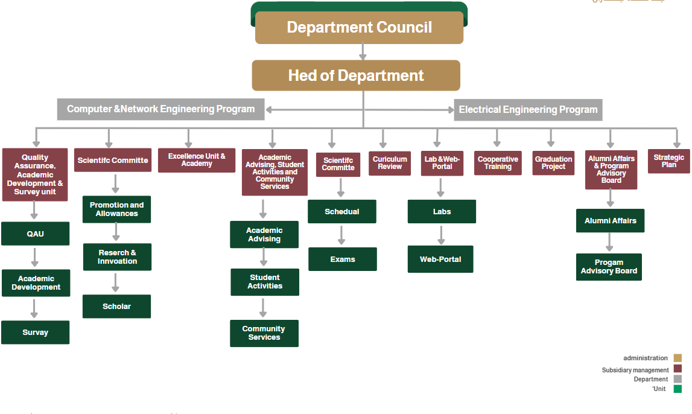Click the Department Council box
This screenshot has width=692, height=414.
click(x=359, y=28)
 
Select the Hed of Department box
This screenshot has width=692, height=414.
click(x=356, y=75)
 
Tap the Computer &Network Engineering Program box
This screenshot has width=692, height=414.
click(x=160, y=109)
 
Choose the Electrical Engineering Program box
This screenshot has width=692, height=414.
click(x=528, y=110)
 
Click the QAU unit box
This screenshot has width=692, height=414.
click(x=35, y=234)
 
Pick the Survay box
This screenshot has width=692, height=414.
click(x=35, y=333)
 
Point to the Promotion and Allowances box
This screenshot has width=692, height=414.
click(x=117, y=209)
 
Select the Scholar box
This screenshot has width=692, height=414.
click(x=116, y=307)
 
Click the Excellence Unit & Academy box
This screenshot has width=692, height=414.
click(x=197, y=161)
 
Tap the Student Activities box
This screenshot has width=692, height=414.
click(x=264, y=282)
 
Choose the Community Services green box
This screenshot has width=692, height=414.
click(x=264, y=333)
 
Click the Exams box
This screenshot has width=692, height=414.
click(x=343, y=260)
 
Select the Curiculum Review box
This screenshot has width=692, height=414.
click(x=390, y=163)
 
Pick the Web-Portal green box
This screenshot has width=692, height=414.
click(x=440, y=260)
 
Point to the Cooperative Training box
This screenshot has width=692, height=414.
click(x=498, y=163)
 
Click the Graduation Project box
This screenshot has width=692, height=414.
click(x=553, y=163)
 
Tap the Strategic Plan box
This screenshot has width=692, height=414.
click(x=668, y=161)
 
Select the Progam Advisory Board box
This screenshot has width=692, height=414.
click(x=609, y=267)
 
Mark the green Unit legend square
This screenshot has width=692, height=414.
click(x=678, y=389)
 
